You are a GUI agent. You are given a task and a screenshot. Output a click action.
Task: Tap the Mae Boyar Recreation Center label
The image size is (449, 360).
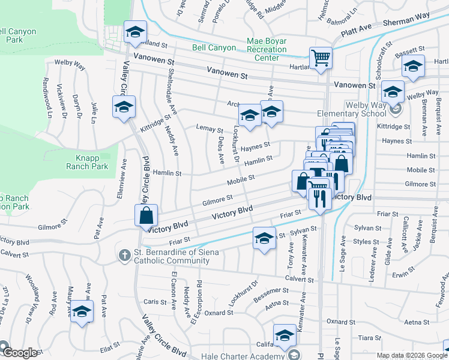point(267,50)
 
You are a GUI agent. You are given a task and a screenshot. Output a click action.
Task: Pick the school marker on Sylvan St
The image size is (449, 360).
point(264,238)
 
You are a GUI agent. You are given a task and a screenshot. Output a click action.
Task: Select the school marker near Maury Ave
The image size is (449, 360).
point(82,312)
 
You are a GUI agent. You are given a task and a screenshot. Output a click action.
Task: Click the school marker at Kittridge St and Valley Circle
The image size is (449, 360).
point(124,107)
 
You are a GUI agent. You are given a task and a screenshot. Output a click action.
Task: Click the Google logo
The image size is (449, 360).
point(20,353)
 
